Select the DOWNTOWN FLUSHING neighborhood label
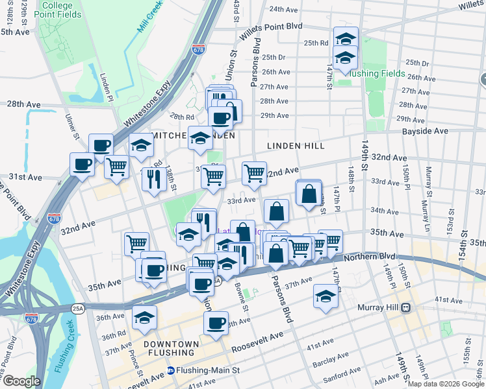[170, 348]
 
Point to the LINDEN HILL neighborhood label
[296, 146]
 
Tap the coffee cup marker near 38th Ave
[216, 323]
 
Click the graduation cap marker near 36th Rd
[144, 317]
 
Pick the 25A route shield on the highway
[79, 310]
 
